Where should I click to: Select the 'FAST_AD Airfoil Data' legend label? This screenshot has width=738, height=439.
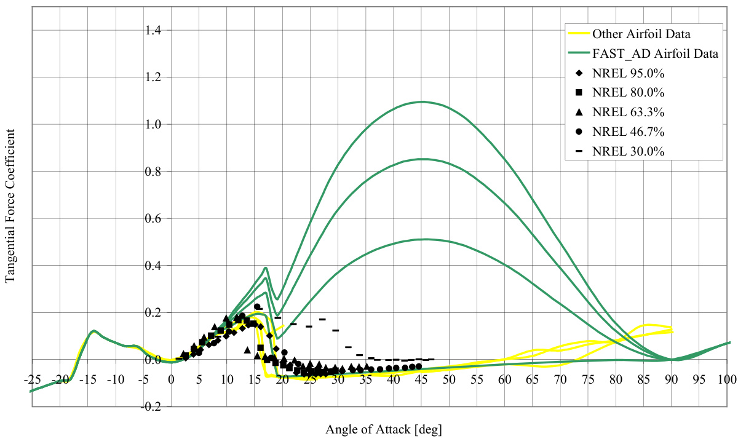[655, 53]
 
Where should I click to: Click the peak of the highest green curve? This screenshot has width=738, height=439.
[422, 101]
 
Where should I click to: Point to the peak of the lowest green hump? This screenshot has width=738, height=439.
[422, 239]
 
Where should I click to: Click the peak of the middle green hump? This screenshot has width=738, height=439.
[422, 159]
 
